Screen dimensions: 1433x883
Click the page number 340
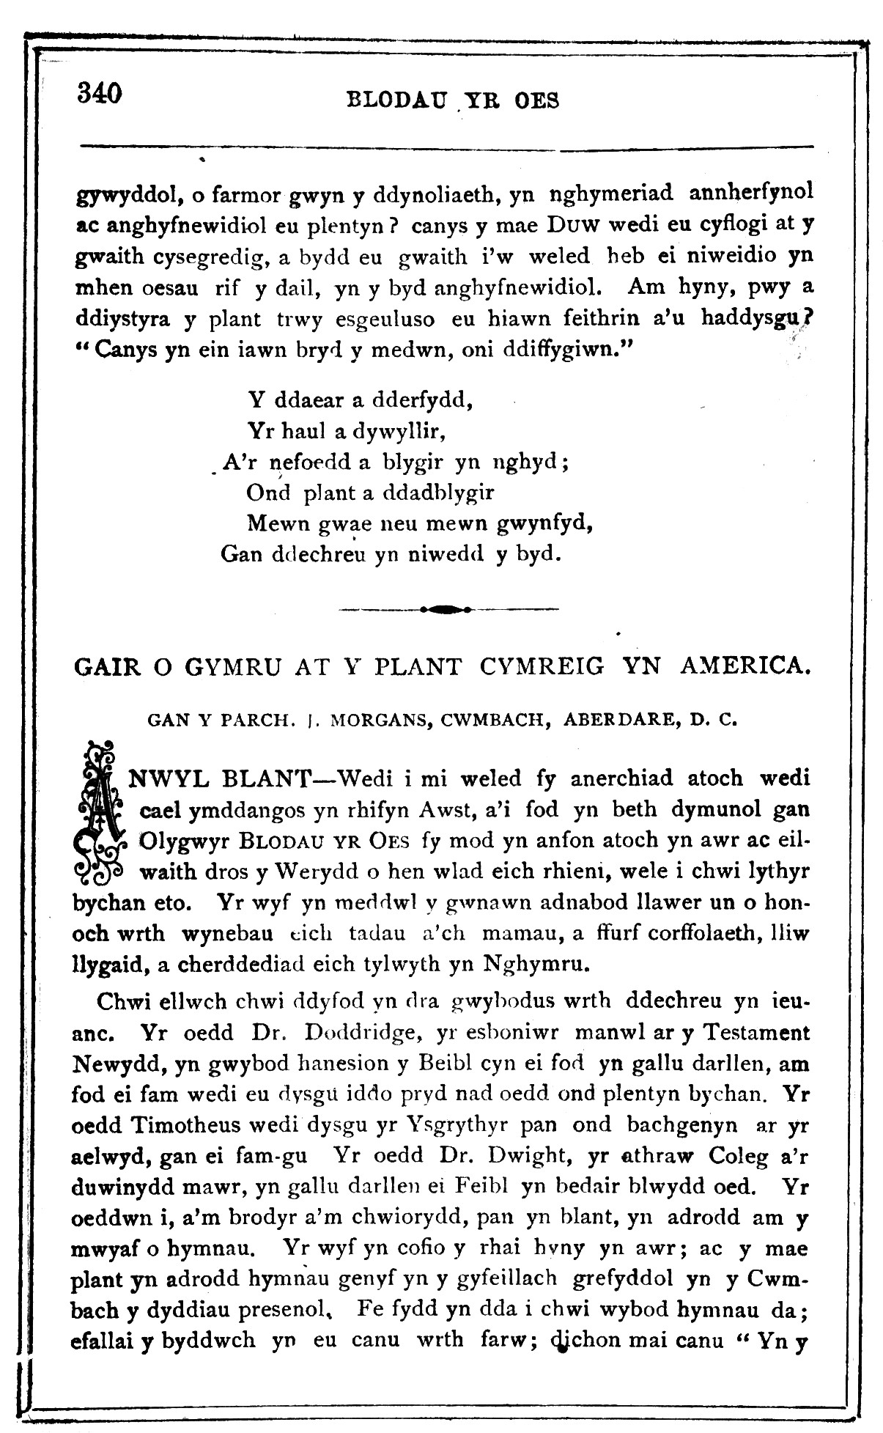point(98,93)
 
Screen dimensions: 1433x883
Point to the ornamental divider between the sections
point(449,608)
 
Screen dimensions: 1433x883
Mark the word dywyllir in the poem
point(399,431)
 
